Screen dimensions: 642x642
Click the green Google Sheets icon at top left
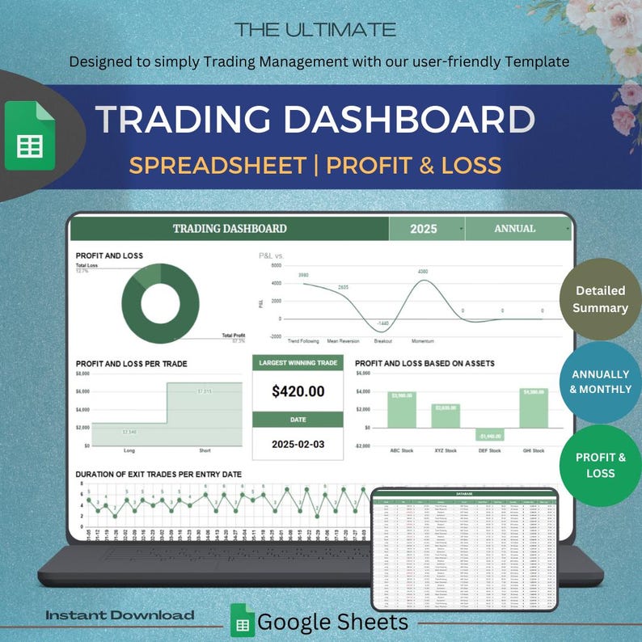click(30, 135)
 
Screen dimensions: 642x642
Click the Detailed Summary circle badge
click(600, 299)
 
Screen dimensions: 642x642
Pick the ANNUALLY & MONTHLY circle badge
click(601, 382)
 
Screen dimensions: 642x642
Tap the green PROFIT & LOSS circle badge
click(600, 465)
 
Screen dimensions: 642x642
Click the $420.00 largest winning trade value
click(298, 391)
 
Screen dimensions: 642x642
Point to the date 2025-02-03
click(298, 444)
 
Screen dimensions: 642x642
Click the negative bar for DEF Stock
click(490, 434)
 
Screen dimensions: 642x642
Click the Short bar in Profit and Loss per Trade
click(204, 413)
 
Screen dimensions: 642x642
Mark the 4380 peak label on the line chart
click(422, 272)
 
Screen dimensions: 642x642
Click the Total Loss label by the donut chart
click(87, 265)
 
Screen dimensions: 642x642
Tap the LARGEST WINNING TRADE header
click(298, 363)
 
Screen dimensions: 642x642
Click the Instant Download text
click(120, 615)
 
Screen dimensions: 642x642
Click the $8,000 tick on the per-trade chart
click(82, 374)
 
